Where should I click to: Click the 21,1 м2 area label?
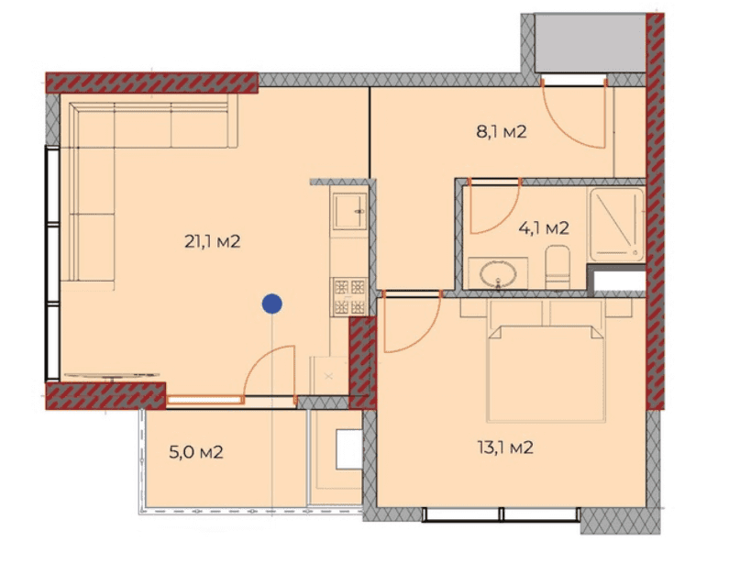point(212,242)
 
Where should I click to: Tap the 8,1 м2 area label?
point(501,132)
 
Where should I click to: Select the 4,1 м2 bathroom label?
point(545,227)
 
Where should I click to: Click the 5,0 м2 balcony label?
point(197,452)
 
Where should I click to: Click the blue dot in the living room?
point(271,304)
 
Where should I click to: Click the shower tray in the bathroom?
point(616,223)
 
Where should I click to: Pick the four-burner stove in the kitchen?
point(348,296)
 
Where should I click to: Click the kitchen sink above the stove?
point(349,213)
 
